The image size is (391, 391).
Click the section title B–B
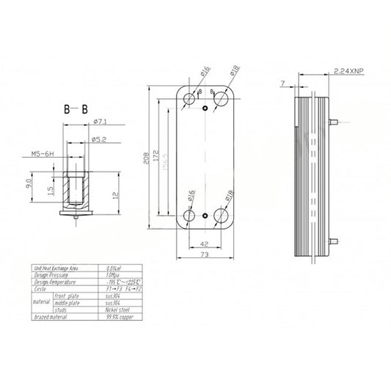(76, 110)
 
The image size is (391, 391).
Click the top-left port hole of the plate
(191, 97)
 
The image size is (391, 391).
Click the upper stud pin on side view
(335, 120)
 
